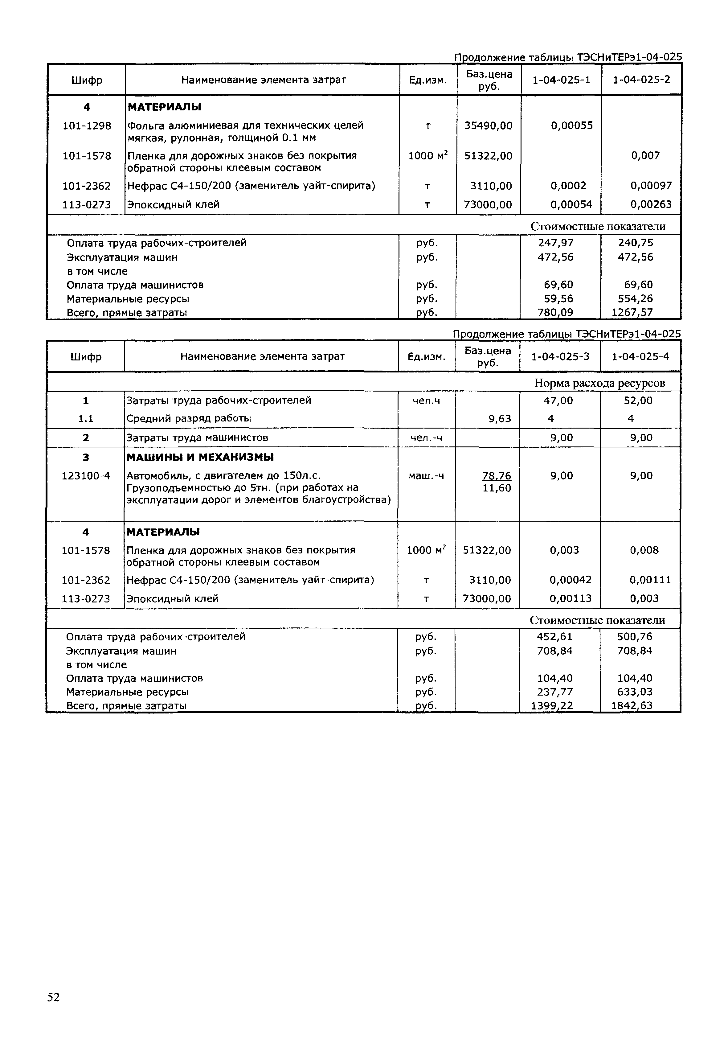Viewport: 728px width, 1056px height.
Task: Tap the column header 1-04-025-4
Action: tap(640, 356)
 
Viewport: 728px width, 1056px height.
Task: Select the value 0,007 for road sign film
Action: tap(645, 156)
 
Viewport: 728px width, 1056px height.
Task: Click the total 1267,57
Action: tap(632, 313)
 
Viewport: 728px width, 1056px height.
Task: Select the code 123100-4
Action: tap(86, 476)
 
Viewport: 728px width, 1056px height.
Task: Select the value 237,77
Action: tap(555, 692)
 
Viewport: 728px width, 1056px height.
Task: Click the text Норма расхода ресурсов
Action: tap(599, 383)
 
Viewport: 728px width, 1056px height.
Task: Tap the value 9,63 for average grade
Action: tap(500, 418)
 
